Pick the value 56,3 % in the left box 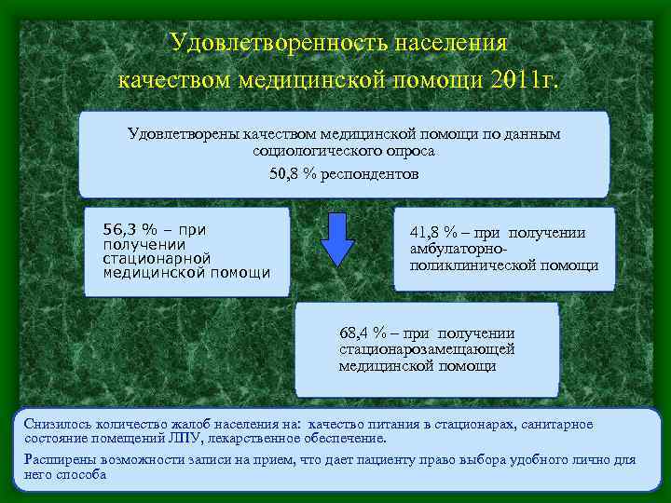point(130,229)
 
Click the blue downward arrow point(337,239)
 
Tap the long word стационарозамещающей point(427,349)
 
